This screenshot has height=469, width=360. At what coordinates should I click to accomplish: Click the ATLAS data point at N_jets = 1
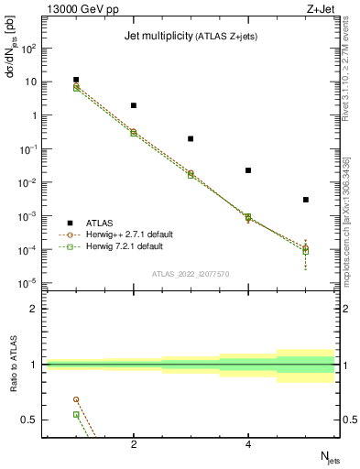click(x=76, y=80)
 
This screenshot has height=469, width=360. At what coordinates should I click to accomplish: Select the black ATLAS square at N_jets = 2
click(x=134, y=105)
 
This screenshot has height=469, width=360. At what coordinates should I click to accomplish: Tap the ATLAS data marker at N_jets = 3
click(x=191, y=138)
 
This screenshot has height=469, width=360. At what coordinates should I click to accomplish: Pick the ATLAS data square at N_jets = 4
click(x=248, y=170)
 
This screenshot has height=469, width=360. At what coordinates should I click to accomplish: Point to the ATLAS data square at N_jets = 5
click(x=306, y=200)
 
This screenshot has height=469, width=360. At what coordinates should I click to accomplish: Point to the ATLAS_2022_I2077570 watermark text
click(x=191, y=273)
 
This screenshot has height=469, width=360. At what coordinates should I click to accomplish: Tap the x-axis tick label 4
click(x=248, y=445)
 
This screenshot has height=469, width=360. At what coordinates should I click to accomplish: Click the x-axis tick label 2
click(x=134, y=445)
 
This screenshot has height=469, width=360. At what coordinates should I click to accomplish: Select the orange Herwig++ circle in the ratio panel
click(x=76, y=399)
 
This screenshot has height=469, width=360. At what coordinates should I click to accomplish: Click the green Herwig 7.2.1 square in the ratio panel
click(x=76, y=414)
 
